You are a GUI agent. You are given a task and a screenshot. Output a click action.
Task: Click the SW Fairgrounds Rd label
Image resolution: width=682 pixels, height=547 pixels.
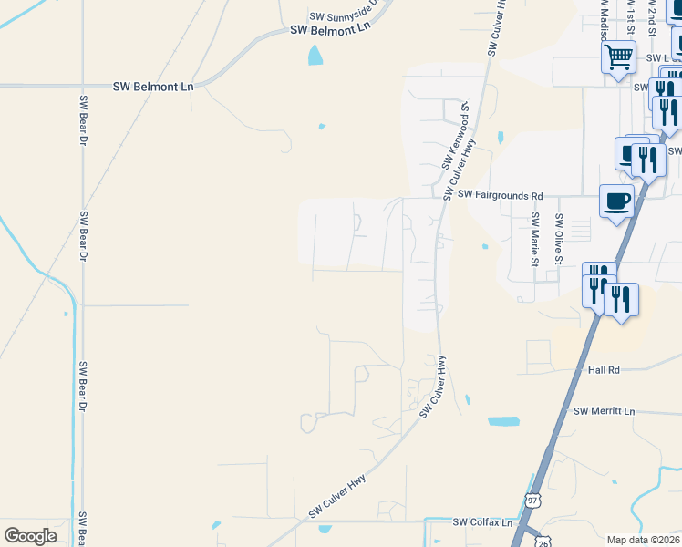501,195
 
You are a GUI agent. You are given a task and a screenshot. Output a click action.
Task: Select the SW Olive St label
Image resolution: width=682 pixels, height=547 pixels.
559,234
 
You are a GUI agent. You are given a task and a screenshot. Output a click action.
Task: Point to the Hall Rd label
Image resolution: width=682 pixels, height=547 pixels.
604,369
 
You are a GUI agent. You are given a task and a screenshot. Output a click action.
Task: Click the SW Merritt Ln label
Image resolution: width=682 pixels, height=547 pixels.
604,411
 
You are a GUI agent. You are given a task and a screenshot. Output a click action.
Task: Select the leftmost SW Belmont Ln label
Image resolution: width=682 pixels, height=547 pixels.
154,87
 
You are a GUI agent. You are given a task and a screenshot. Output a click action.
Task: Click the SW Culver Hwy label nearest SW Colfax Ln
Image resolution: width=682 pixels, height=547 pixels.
337,496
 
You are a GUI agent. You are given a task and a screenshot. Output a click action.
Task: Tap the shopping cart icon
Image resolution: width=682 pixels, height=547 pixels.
618,57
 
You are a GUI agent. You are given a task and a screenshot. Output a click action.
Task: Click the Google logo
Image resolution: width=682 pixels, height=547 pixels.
30,535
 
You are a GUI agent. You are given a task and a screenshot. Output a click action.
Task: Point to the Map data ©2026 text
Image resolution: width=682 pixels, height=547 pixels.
643,540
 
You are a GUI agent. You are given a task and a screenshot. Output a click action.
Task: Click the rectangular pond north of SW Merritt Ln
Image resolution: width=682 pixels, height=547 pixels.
502,421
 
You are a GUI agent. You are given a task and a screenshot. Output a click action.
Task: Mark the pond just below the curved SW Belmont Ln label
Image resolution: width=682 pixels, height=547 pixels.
315,56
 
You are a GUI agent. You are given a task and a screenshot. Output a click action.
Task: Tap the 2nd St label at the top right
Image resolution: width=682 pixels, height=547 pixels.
652,16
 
